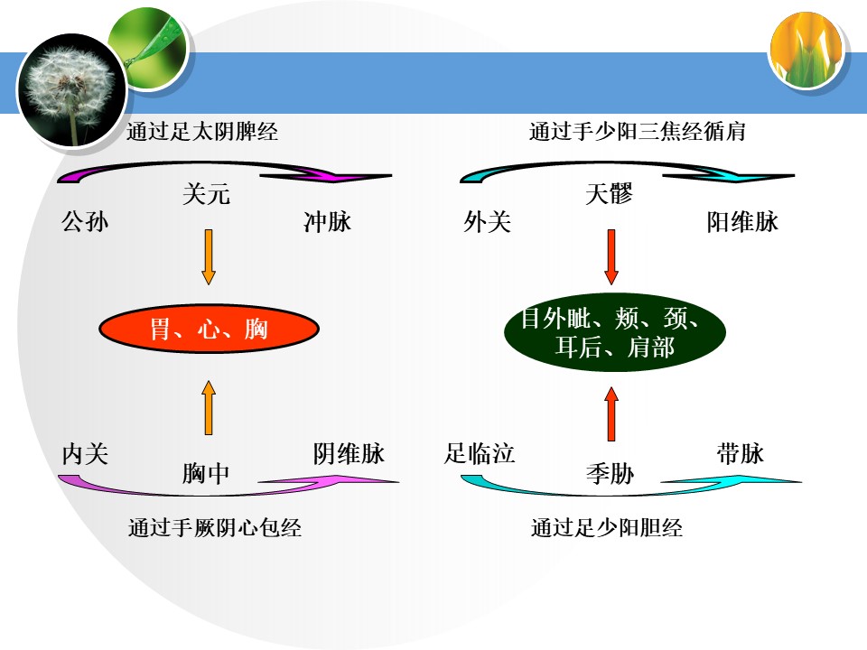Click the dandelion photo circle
71,89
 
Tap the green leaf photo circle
149,48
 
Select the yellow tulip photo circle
806,51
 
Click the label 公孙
85,222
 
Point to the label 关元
206,194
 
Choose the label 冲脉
327,222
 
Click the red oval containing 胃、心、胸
209,329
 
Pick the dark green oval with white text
614,332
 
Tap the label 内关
85,454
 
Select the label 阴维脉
349,454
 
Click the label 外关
487,222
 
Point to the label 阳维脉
742,222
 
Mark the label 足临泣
480,454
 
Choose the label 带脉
741,454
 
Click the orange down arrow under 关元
209,257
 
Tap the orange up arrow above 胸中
209,407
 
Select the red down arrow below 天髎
611,257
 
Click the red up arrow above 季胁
611,413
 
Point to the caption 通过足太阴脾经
202,132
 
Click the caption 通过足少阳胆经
607,528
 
